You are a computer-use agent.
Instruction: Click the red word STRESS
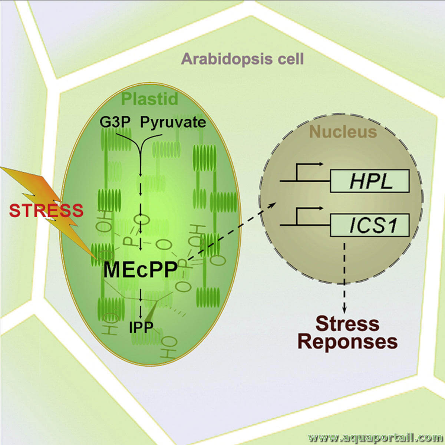pos(46,210)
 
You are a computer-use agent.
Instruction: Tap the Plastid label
pos(149,99)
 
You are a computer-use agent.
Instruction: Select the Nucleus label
pos(343,132)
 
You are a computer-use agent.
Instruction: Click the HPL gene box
pos(370,181)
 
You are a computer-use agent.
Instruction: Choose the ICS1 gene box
pos(370,225)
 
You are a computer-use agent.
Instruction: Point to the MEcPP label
pos(141,270)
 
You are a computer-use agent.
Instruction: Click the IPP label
pos(141,327)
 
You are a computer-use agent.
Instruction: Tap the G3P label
pos(115,122)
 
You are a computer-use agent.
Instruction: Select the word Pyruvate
pos(173,122)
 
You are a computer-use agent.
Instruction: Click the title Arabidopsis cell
pos(243,59)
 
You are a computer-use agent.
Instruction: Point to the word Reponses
pos(347,342)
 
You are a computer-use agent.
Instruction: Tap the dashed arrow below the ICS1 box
pos(345,276)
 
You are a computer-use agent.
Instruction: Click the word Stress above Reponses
pos(347,324)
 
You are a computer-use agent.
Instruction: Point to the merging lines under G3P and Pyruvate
pos(140,148)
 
